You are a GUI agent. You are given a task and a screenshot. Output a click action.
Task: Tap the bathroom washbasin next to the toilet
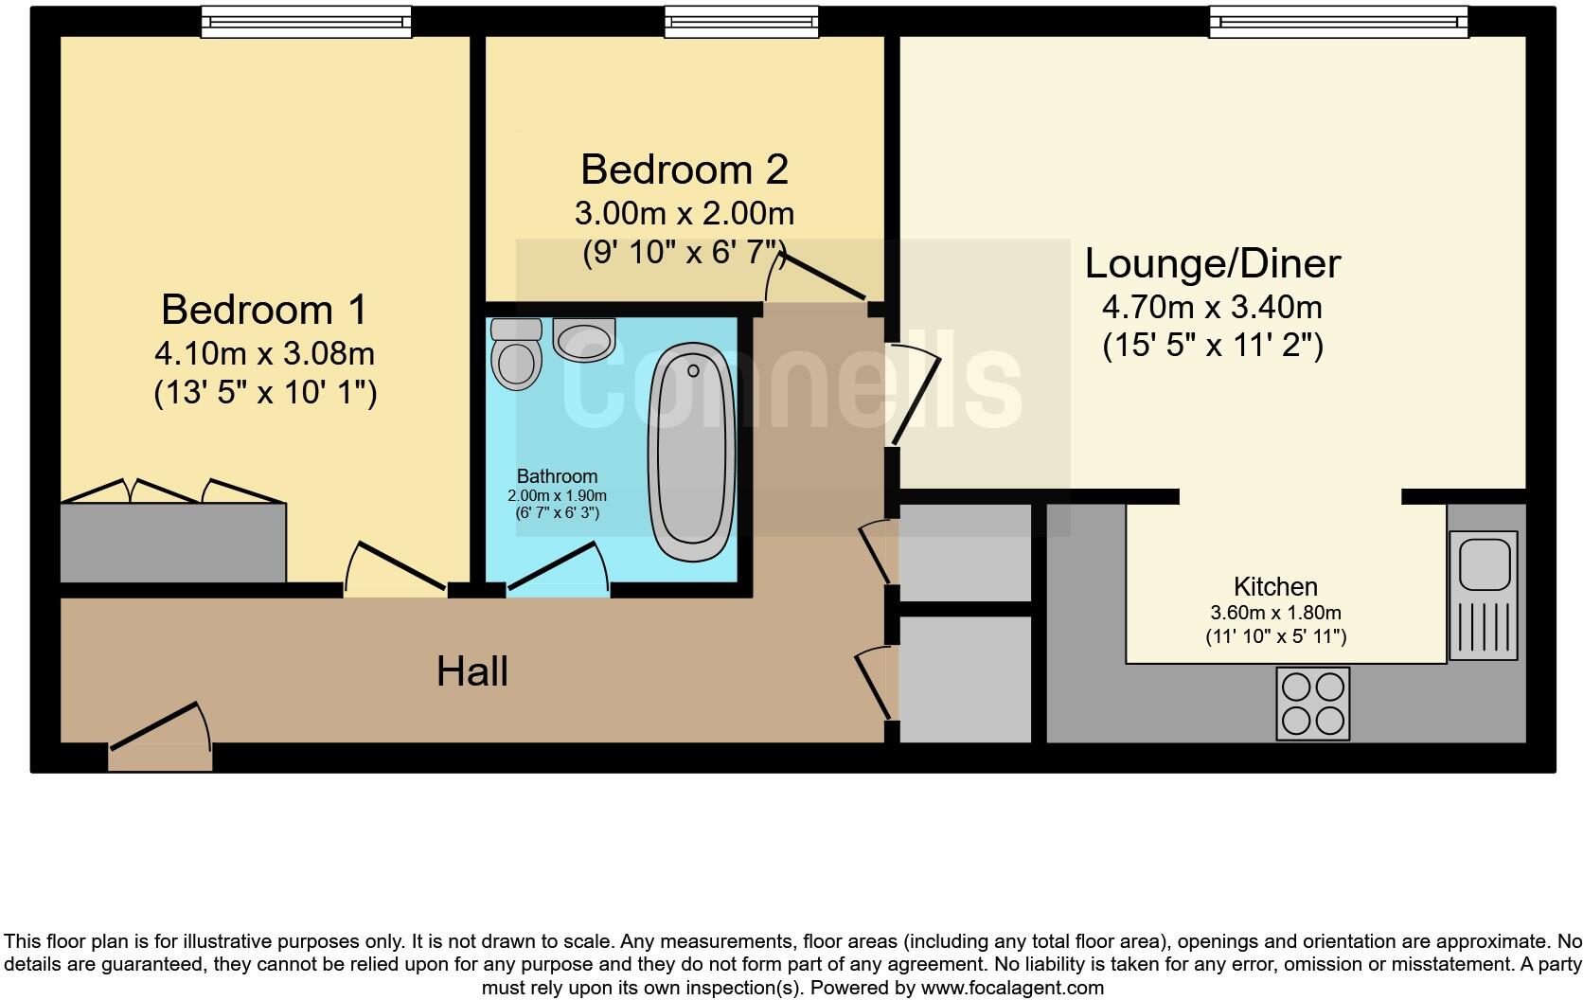[583, 339]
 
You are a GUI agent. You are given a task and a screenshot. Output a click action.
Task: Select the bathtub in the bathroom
[691, 454]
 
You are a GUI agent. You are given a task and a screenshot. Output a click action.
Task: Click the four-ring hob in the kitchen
[1312, 704]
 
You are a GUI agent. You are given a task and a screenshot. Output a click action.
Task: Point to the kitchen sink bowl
[1483, 563]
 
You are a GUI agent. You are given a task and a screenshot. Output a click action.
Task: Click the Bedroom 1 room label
[264, 310]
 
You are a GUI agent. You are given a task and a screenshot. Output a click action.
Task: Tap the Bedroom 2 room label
[684, 170]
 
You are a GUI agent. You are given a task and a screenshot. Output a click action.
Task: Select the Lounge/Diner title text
[1212, 263]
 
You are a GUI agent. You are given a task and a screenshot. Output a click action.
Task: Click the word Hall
[472, 672]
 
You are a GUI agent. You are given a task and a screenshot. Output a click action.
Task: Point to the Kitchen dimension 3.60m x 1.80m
[1275, 613]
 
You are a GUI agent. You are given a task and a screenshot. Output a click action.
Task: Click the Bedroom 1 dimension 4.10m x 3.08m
[264, 354]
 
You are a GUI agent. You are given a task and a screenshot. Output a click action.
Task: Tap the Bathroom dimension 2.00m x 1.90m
[557, 495]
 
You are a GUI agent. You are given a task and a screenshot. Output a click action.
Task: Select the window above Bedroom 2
[741, 21]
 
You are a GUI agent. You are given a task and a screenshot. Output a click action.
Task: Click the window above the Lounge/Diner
[1338, 21]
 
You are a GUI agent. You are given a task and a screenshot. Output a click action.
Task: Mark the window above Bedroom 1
[306, 21]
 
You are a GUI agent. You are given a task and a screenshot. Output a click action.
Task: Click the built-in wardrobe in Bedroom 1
[172, 544]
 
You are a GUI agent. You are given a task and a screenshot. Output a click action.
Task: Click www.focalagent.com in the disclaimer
[1011, 989]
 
